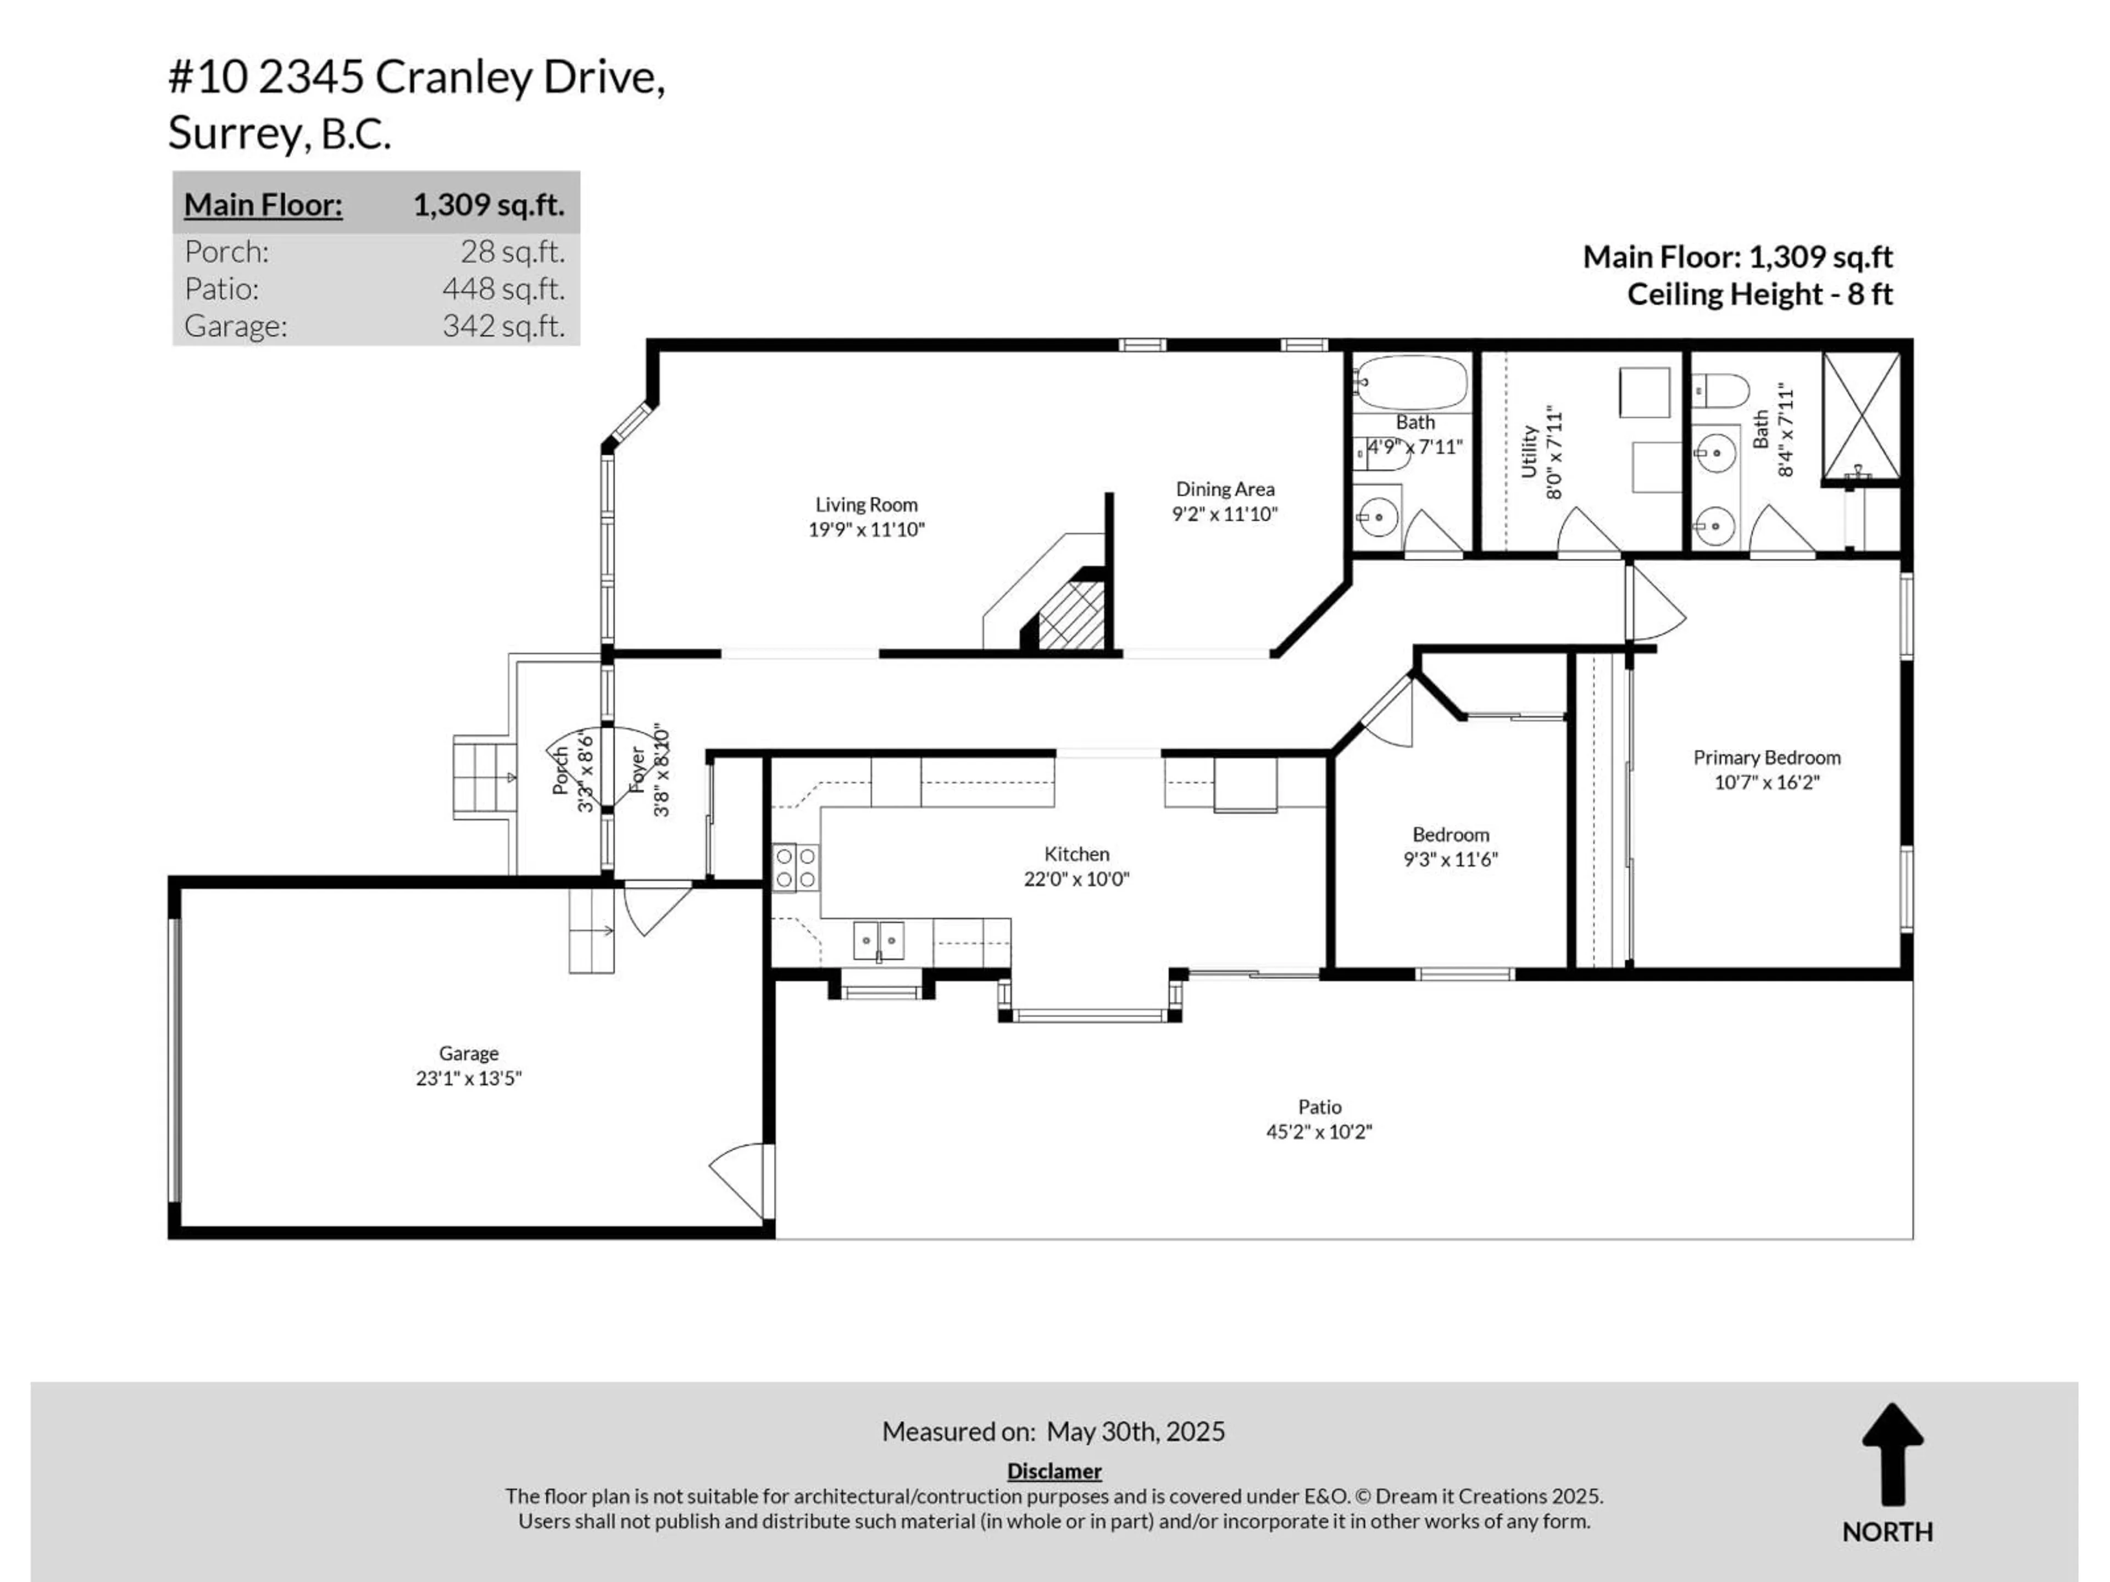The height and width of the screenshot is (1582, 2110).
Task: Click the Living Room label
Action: [866, 504]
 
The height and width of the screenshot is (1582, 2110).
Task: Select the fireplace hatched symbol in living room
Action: [1070, 615]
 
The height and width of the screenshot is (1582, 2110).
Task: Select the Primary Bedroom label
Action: [1767, 757]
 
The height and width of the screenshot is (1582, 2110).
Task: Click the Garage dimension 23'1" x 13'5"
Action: [468, 1078]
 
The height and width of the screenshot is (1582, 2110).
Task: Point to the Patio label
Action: [1319, 1107]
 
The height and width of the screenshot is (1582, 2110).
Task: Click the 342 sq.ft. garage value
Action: [503, 326]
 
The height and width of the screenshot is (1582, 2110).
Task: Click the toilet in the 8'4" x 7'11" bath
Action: [1720, 389]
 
